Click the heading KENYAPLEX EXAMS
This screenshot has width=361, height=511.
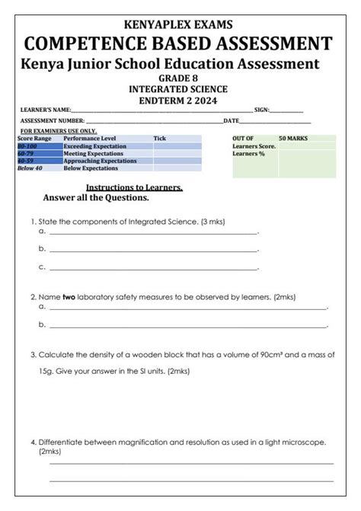180,25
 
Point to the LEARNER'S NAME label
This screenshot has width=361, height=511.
46,110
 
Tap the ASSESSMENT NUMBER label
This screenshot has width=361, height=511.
53,121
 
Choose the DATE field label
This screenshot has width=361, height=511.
230,121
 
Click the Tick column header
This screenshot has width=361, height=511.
159,139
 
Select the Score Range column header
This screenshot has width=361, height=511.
34,139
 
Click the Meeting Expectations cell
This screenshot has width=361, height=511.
93,154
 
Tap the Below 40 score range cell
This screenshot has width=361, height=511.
30,168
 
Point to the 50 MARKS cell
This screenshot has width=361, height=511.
293,139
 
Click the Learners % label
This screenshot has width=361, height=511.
249,154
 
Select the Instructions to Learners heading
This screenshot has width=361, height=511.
134,187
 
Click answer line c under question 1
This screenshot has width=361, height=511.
152,267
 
